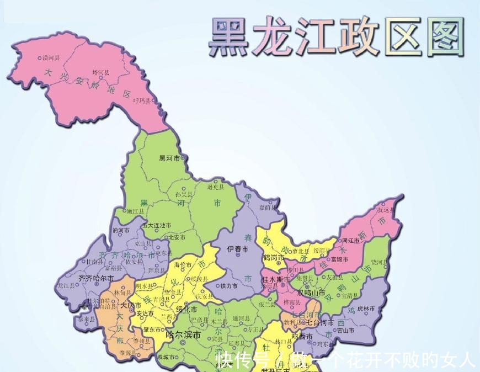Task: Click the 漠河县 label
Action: (x=51, y=57)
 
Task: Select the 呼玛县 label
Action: (x=141, y=100)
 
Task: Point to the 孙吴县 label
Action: (x=184, y=194)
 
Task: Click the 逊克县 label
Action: (x=216, y=187)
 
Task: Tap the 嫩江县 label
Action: (x=135, y=211)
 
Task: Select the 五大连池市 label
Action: (x=157, y=225)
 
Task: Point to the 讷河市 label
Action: (x=121, y=230)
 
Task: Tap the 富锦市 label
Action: (x=338, y=259)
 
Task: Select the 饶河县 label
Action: (x=379, y=261)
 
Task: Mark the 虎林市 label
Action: (x=366, y=308)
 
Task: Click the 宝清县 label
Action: (x=351, y=296)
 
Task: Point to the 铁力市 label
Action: (x=228, y=286)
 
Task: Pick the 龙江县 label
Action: (x=66, y=286)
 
